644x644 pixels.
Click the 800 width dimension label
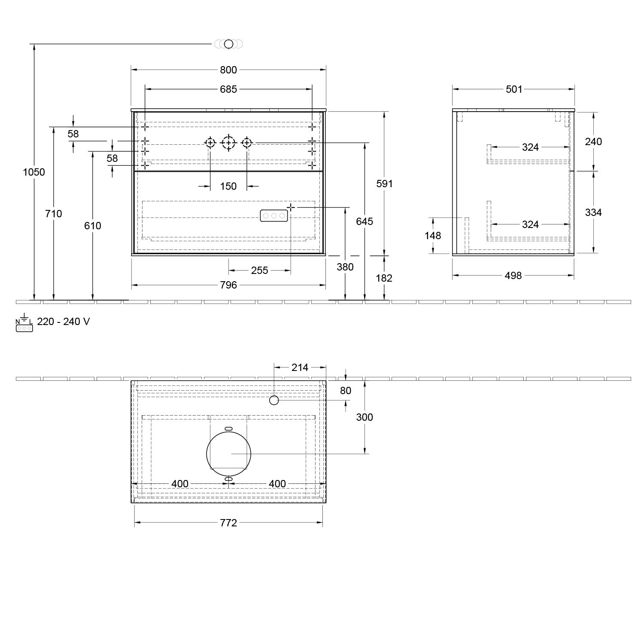[228, 70]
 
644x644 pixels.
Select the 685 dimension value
[228, 89]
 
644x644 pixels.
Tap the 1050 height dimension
[34, 172]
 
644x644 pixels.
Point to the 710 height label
[54, 213]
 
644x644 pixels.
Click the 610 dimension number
[93, 225]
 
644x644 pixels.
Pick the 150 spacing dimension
[228, 186]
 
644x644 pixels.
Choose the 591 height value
[385, 184]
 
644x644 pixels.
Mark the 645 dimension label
[365, 222]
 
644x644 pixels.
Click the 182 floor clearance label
[384, 278]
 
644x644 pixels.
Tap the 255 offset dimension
[260, 270]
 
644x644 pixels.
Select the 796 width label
[228, 285]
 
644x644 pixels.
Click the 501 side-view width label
[514, 89]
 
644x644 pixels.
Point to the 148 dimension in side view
[433, 236]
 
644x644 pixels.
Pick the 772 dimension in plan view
[228, 522]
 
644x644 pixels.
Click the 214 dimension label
[300, 368]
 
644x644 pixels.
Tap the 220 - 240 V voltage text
[64, 322]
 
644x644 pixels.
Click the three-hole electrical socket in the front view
[273, 216]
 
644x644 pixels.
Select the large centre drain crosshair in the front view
[228, 143]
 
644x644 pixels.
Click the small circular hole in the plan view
[274, 401]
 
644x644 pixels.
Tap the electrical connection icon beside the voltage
[24, 322]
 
